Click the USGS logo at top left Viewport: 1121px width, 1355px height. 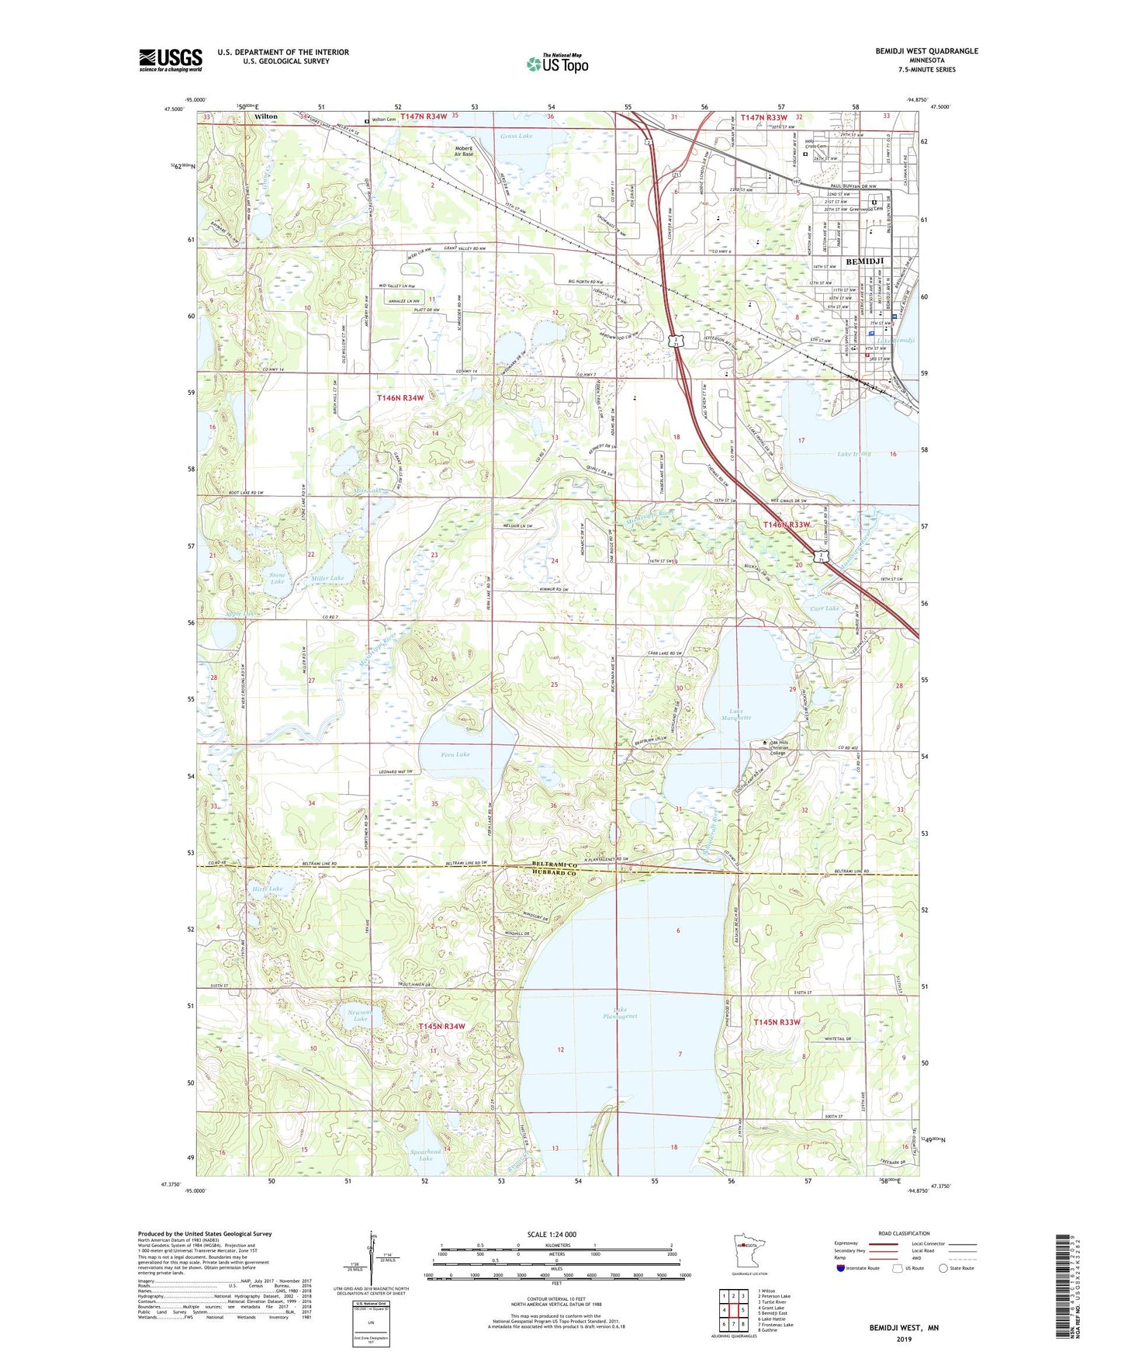coord(171,59)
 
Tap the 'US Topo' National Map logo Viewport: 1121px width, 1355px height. coord(557,64)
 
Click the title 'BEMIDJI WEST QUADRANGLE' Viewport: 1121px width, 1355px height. coord(926,51)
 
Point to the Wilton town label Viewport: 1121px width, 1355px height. coord(266,116)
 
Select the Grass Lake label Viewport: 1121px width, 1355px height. coord(516,136)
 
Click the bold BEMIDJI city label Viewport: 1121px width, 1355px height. coord(866,262)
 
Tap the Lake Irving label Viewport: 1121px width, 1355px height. coord(854,454)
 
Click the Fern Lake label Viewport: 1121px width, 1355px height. coord(455,754)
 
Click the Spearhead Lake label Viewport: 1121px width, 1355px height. coord(425,1155)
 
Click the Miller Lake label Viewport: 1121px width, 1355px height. coord(327,578)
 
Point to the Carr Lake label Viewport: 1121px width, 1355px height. coord(825,608)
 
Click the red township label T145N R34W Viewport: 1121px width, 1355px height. coord(441,1026)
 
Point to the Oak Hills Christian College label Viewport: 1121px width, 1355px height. coord(788,747)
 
